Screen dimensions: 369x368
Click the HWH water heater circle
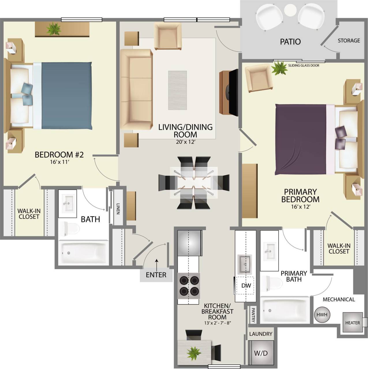pyautogui.click(x=322, y=315)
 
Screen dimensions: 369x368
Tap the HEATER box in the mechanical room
pyautogui.click(x=352, y=322)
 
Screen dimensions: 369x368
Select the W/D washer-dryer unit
pyautogui.click(x=261, y=353)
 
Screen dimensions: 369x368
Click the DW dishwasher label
pyautogui.click(x=246, y=285)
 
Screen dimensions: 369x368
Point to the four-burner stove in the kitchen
pyautogui.click(x=189, y=285)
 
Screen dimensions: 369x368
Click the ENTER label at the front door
pyautogui.click(x=156, y=275)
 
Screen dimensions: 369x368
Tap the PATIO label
pyautogui.click(x=290, y=42)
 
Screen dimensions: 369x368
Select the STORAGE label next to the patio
pyautogui.click(x=349, y=41)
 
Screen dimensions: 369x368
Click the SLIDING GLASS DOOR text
pyautogui.click(x=304, y=65)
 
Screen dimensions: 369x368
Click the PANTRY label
pyautogui.click(x=253, y=315)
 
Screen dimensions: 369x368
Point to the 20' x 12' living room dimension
pyautogui.click(x=185, y=142)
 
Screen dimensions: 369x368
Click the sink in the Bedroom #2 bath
pyautogui.click(x=68, y=203)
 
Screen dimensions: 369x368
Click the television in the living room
pyautogui.click(x=232, y=92)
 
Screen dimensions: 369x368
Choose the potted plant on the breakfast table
pyautogui.click(x=194, y=352)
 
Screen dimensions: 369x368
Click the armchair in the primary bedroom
pyautogui.click(x=259, y=78)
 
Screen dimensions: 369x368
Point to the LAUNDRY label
pyautogui.click(x=261, y=334)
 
